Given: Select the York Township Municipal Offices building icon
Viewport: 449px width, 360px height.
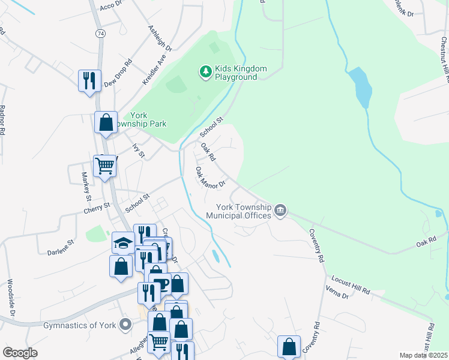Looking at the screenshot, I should pos(280,211).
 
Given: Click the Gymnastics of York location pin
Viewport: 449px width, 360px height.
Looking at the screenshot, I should pos(125,325).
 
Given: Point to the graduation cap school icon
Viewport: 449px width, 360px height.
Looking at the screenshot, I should pos(122,243).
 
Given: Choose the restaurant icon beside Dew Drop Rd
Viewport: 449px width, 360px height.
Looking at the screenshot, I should pos(89,80).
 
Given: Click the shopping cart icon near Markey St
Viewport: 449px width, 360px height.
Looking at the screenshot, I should pos(105,165).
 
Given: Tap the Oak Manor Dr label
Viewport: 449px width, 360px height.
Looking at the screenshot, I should pos(209,177).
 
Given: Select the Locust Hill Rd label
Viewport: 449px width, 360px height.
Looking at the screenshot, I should pos(351,285).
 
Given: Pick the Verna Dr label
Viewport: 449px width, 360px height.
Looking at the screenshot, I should pos(336,295).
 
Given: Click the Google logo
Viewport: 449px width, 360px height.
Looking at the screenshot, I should pos(20,353).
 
